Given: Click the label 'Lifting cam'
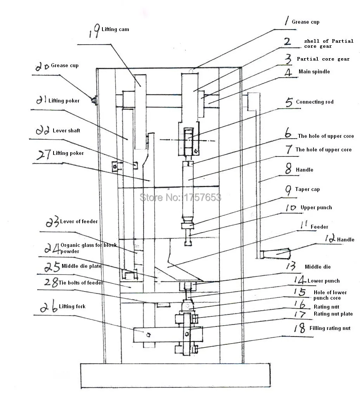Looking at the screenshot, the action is click(115, 30).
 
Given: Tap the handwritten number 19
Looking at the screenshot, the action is click(95, 31).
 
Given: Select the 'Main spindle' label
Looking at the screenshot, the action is click(314, 71).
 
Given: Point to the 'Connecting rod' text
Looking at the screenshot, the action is click(315, 102).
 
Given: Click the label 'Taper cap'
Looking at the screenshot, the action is click(307, 189).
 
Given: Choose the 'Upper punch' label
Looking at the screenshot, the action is click(316, 208).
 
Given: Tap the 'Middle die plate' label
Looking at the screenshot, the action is click(81, 266).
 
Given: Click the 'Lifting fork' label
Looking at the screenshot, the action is click(72, 306).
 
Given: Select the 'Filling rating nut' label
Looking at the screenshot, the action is click(330, 328).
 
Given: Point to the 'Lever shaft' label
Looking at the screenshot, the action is click(66, 131).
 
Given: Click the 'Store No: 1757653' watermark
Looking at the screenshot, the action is click(180, 197).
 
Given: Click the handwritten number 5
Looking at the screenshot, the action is click(289, 102).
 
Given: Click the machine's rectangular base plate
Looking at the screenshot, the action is click(175, 375).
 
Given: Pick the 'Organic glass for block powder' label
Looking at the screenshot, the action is click(88, 248).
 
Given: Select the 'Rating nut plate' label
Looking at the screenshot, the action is click(333, 314).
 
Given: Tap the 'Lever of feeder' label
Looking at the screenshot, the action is click(79, 221).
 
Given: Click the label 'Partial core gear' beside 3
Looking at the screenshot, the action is click(323, 59).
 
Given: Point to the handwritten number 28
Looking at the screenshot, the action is click(52, 282).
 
